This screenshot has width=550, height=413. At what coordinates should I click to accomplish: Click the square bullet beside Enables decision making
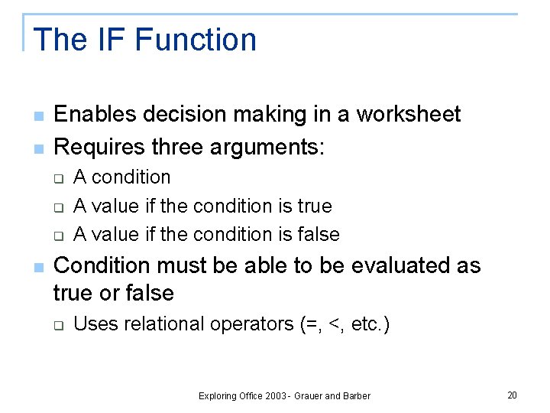(x=37, y=115)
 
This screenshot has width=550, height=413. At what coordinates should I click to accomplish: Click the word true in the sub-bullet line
(x=313, y=206)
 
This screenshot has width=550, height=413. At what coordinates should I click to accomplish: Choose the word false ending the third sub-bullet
(x=319, y=234)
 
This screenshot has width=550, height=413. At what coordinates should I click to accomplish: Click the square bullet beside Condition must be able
(x=37, y=266)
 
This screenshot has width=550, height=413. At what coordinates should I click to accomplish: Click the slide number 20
(x=512, y=395)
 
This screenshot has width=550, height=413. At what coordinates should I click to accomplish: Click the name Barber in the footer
(x=356, y=396)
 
